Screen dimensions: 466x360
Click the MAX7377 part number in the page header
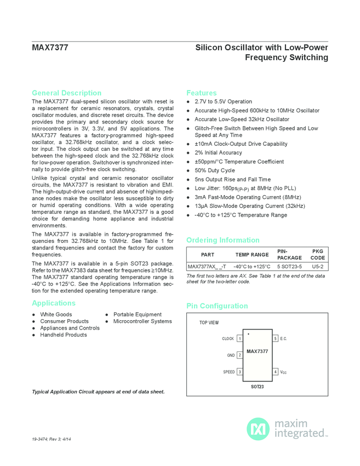[x=50, y=48]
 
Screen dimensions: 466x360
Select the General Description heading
[x=66, y=93]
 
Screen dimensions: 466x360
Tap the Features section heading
[x=202, y=93]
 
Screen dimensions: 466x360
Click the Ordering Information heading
[x=223, y=240]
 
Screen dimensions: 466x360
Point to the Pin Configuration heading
[x=217, y=306]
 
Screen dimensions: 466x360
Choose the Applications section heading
[x=54, y=303]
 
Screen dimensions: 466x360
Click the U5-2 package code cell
[x=317, y=266]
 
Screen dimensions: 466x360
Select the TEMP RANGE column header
[x=252, y=254]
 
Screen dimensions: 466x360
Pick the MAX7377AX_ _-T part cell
[x=207, y=266]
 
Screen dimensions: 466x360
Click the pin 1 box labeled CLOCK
[x=239, y=339]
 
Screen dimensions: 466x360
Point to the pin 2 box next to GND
[x=239, y=355]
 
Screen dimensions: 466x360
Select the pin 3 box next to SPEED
[x=239, y=372]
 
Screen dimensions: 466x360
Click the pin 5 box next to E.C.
[x=275, y=339]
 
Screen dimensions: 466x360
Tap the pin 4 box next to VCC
[x=275, y=372]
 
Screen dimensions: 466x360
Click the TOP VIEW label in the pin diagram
[x=209, y=323]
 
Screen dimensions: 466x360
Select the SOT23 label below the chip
[x=258, y=387]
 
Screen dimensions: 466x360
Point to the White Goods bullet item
[x=56, y=315]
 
